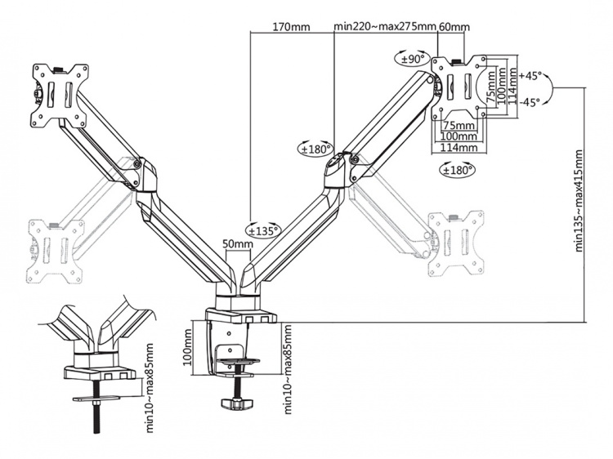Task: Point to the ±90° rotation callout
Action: (x=410, y=58)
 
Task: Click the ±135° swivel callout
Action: (x=262, y=230)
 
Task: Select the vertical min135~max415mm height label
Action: (x=579, y=200)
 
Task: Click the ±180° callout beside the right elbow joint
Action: (x=315, y=149)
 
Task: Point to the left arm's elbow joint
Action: (x=141, y=169)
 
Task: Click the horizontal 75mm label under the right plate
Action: (x=459, y=125)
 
